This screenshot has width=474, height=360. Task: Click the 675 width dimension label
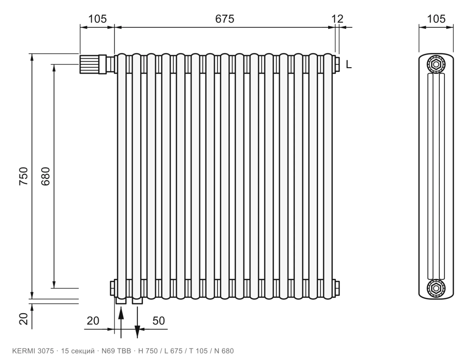(225, 19)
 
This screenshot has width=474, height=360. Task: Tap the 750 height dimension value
(23, 176)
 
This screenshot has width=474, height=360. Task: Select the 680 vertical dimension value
(45, 176)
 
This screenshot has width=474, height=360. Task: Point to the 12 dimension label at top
(337, 19)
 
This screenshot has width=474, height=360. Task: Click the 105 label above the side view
(436, 19)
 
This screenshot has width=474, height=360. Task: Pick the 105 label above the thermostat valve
(97, 19)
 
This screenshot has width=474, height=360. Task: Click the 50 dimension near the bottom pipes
(159, 321)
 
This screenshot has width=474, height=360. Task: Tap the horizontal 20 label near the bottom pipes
(93, 321)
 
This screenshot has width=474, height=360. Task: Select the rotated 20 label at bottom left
(23, 319)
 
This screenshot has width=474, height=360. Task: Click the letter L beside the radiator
(349, 64)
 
